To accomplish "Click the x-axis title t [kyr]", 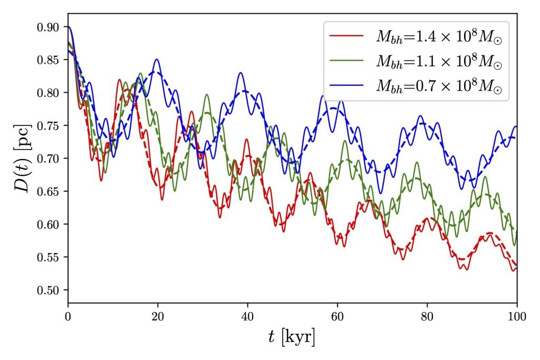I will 292,337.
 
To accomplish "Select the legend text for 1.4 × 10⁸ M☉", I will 438,37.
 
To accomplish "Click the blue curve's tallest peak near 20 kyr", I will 157,59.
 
